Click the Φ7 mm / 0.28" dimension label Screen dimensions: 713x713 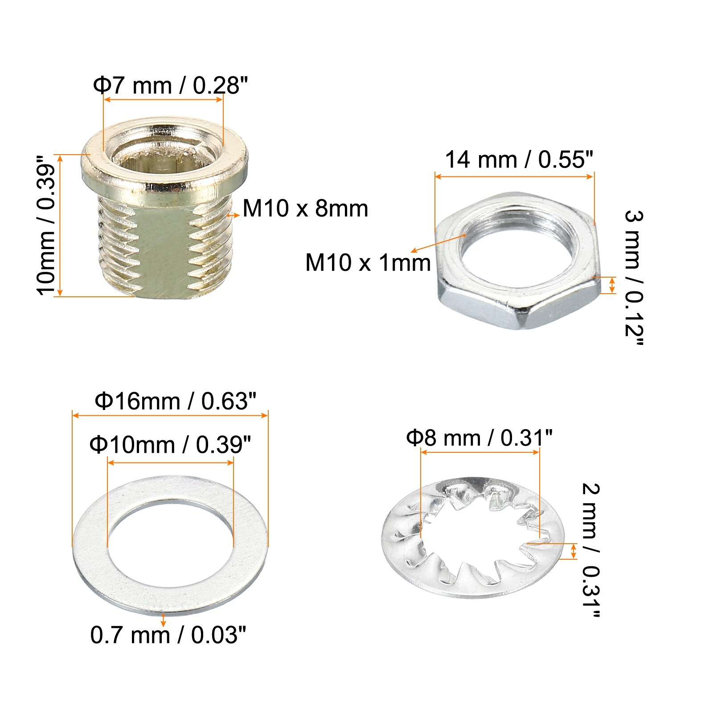pyautogui.click(x=170, y=85)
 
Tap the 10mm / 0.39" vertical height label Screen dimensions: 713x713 pyautogui.click(x=46, y=225)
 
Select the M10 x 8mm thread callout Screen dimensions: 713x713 pyautogui.click(x=305, y=208)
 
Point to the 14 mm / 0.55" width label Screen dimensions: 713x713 pyautogui.click(x=519, y=159)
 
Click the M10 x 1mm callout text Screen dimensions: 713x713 pyautogui.click(x=368, y=262)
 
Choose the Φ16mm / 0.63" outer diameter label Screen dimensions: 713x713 pyautogui.click(x=176, y=401)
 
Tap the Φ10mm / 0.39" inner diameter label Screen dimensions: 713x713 pyautogui.click(x=170, y=445)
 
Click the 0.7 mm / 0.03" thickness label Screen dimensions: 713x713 pyautogui.click(x=168, y=635)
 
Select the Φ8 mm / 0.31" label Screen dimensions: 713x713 pyautogui.click(x=479, y=438)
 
